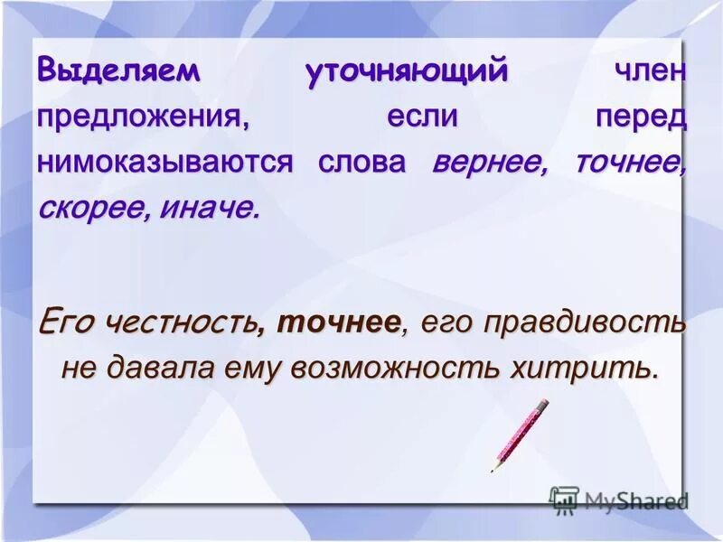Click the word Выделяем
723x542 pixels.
(117, 72)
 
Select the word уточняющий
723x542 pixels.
(407, 72)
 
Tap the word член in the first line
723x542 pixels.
(650, 72)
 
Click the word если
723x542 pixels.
(423, 117)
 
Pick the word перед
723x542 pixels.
(641, 117)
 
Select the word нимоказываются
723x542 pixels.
(165, 163)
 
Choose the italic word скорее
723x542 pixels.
(94, 209)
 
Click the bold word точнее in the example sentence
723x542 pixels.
(339, 322)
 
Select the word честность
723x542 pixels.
(181, 322)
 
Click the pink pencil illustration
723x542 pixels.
(520, 435)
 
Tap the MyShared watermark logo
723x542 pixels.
(618, 500)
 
